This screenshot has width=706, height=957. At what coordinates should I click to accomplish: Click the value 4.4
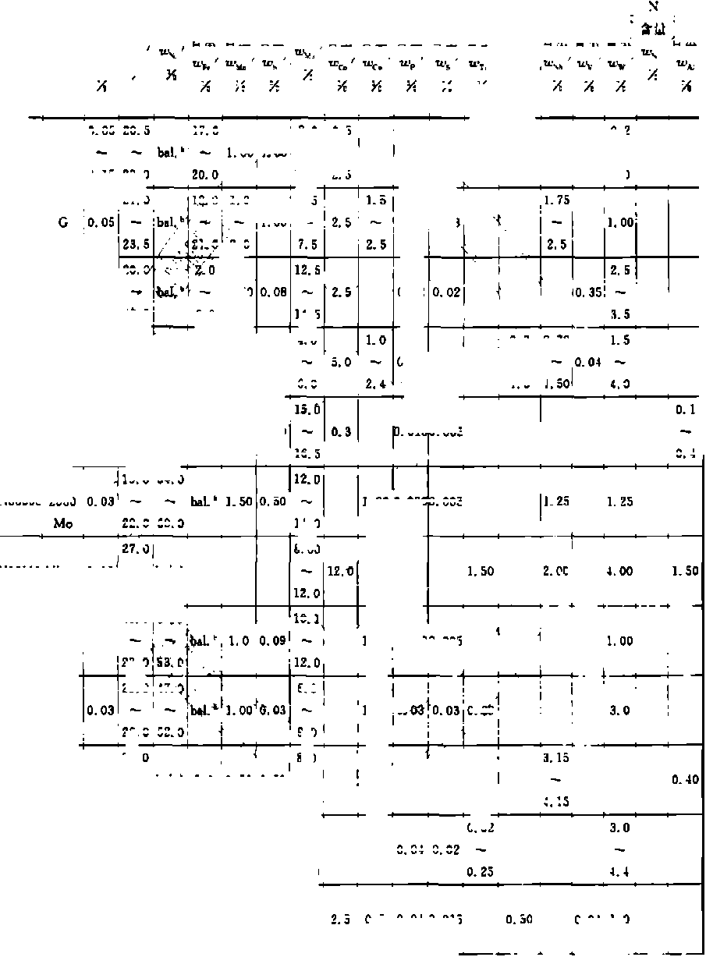(x=620, y=871)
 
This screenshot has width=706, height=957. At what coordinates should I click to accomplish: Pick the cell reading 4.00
(x=620, y=572)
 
